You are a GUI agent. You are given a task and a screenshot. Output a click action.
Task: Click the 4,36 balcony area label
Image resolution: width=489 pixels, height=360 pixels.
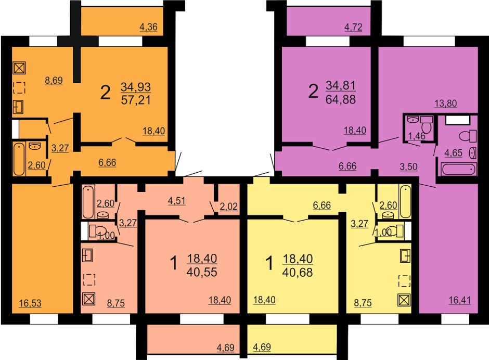pos(148,27)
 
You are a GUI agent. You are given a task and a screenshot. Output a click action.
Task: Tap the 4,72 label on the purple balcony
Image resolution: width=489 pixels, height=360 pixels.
pos(353,27)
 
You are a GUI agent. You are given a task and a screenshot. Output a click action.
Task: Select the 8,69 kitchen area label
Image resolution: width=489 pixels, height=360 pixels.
pos(54,81)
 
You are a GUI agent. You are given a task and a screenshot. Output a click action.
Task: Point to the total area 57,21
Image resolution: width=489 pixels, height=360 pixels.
pos(136,100)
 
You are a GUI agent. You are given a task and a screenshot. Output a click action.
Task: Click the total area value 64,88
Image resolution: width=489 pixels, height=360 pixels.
pos(341,99)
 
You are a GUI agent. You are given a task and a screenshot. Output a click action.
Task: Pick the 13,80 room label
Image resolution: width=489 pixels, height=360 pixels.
pos(446,103)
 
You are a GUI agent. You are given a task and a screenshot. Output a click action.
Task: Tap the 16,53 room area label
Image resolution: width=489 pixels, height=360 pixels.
pos(30,303)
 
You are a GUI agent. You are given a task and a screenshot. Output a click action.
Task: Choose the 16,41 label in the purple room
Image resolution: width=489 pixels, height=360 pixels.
pos(460,300)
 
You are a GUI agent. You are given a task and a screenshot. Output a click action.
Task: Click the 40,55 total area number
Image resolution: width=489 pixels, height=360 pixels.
pos(202,272)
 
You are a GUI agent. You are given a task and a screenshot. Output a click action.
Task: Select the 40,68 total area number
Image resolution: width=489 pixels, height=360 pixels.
pos(298,272)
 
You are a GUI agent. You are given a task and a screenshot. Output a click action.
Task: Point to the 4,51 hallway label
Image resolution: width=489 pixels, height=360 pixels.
pos(176,201)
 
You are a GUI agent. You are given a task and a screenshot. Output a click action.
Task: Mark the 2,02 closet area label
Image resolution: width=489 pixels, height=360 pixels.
pos(228,207)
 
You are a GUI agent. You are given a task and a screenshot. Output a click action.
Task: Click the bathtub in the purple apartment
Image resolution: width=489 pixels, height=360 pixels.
pos(458,169)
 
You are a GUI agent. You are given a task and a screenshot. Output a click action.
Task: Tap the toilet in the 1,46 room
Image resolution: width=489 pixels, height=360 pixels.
pos(426,125)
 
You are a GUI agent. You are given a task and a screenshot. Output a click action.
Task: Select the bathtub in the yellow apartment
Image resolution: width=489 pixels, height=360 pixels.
pos(405,201)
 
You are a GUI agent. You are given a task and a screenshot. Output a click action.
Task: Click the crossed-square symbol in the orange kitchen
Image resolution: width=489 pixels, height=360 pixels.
pos(19,68)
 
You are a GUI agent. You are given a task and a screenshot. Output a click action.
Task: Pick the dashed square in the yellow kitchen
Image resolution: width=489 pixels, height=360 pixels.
pos(405,281)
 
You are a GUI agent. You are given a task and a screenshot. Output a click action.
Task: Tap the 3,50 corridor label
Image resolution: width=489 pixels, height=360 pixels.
pos(408,166)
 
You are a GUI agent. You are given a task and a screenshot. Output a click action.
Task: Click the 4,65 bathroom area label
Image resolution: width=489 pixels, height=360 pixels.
pos(453,153)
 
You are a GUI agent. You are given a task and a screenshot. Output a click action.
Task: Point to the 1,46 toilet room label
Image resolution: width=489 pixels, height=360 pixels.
pos(417,136)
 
